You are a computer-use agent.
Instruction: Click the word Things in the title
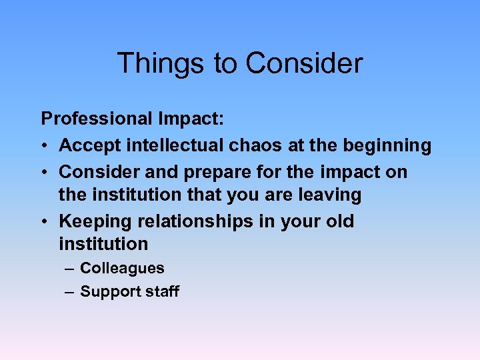click(x=160, y=64)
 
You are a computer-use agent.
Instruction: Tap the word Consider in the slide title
click(x=304, y=64)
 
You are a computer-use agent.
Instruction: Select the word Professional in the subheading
click(x=97, y=119)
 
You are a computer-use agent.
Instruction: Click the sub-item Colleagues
click(x=122, y=269)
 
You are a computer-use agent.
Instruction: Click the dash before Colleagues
click(x=70, y=269)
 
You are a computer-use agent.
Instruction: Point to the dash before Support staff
click(x=70, y=292)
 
